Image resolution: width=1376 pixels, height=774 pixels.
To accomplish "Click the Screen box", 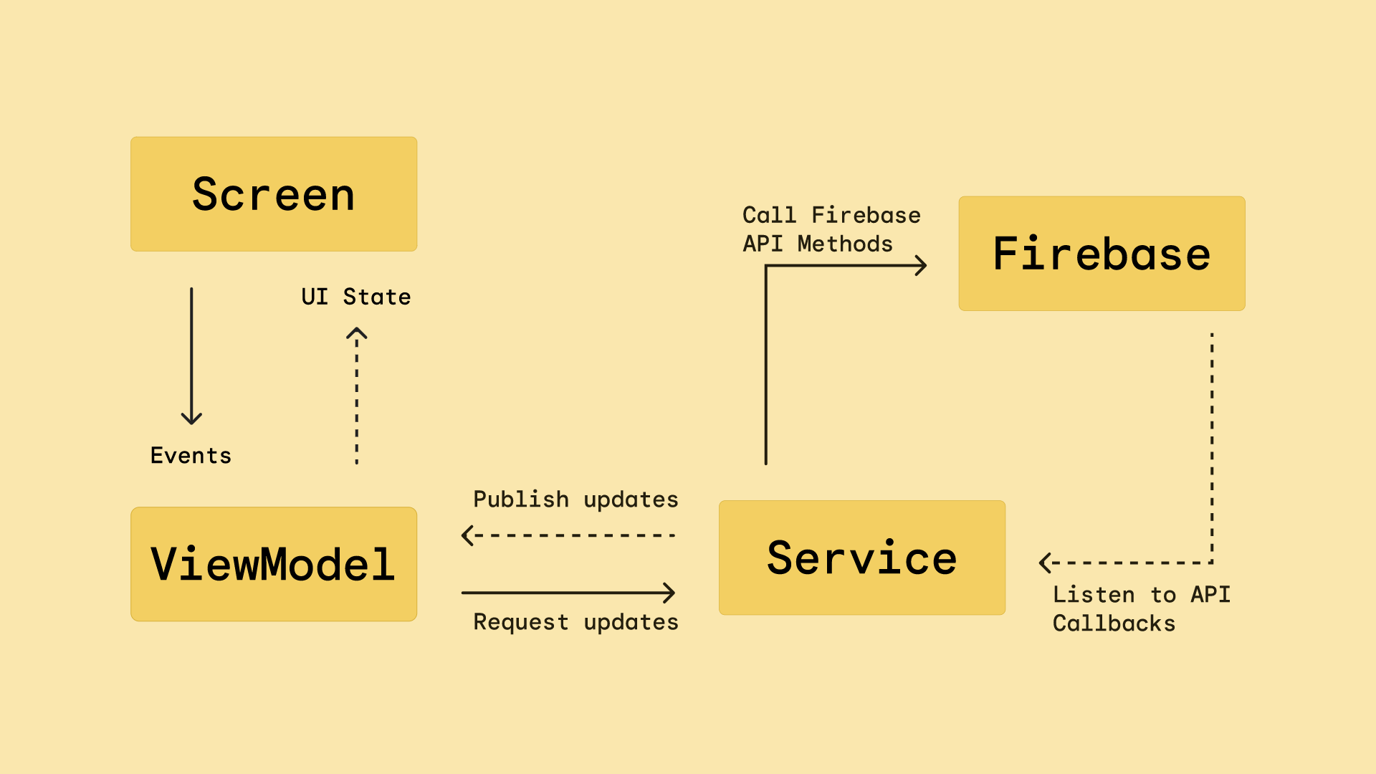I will (273, 194).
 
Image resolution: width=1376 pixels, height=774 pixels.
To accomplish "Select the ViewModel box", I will (273, 564).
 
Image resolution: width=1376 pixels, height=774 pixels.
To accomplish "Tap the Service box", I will (861, 558).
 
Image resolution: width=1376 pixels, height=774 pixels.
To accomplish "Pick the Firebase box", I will (1102, 254).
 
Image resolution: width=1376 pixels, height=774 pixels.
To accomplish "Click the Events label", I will (191, 456).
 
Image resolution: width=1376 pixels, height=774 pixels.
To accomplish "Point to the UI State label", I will (356, 297).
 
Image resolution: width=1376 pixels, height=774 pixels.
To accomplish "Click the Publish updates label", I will (575, 500).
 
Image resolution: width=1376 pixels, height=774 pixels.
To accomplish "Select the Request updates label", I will (575, 622).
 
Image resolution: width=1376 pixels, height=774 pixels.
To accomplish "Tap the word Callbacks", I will (1114, 623).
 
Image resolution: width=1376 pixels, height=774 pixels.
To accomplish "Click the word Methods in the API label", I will (845, 244).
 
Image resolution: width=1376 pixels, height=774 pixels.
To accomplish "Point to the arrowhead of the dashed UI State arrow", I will (357, 332).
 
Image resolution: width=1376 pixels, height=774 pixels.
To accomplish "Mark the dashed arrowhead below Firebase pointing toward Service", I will (1044, 563).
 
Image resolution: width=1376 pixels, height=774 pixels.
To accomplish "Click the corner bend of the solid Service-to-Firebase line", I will (766, 267).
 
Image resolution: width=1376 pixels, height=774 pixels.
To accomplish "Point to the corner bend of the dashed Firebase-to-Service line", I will (1212, 563).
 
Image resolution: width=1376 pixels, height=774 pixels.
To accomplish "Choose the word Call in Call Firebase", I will (769, 215).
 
